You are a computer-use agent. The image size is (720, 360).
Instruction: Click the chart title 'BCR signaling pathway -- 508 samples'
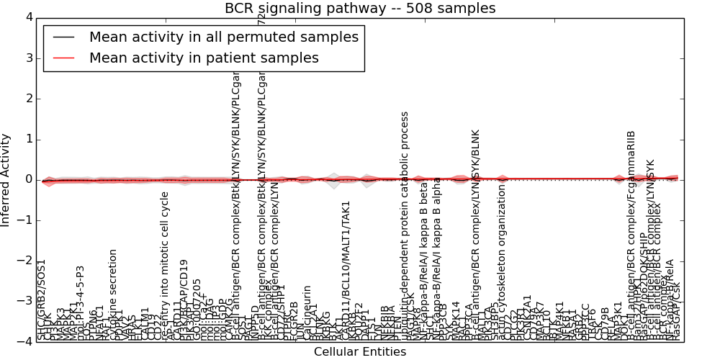click(360, 9)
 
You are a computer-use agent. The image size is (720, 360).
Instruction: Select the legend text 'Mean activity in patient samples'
click(204, 58)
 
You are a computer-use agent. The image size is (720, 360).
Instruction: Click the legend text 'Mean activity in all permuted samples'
click(223, 37)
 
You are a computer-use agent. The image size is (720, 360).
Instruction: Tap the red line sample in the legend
click(62, 58)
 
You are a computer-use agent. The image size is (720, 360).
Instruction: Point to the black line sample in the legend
click(62, 37)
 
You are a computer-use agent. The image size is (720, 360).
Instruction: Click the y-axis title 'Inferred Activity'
click(6, 179)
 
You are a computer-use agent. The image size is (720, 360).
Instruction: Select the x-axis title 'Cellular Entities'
click(360, 352)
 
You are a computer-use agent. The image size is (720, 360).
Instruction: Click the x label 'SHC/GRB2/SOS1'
click(41, 299)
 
